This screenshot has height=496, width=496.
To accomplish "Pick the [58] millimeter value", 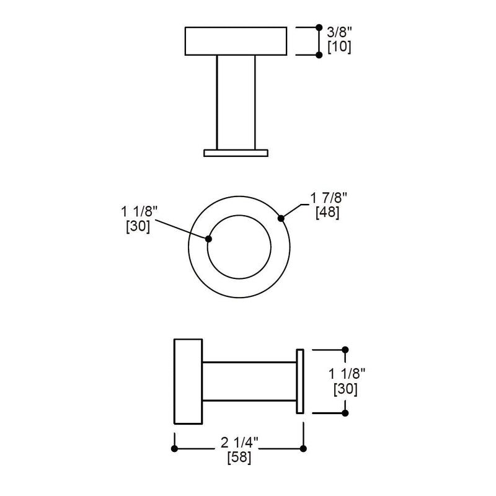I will tap(239, 459).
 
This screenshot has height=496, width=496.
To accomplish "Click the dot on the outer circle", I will tap(281, 218).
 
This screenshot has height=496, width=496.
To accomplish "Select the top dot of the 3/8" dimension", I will tap(319, 27).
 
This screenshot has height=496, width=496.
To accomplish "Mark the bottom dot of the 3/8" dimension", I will tap(319, 55).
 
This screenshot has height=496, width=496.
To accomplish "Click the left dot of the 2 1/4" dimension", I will tap(175, 448).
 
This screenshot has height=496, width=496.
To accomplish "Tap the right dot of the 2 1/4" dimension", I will tap(303, 448).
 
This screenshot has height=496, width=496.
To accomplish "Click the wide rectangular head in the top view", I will tap(236, 41).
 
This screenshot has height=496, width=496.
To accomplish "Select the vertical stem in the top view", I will tap(236, 102).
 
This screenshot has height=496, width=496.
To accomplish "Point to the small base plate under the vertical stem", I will tap(236, 152).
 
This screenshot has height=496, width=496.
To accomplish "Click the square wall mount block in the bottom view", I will tap(188, 381).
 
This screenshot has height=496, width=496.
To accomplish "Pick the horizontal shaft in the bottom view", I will tap(249, 381).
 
